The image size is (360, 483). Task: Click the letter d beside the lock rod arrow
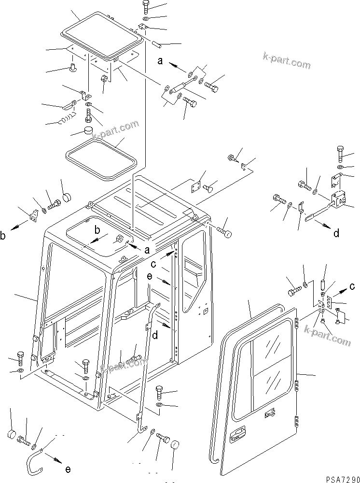336,233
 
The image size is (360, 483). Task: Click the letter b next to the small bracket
4,236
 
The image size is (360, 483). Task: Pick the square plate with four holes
196,186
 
